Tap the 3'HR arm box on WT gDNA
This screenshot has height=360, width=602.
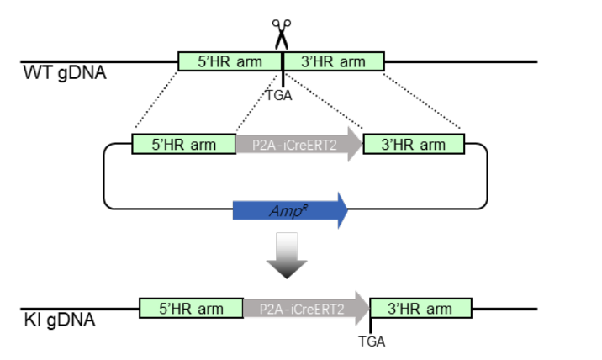pyautogui.click(x=334, y=61)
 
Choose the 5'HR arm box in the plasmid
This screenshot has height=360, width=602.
pyautogui.click(x=184, y=145)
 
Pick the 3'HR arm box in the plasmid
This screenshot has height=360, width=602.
pyautogui.click(x=414, y=145)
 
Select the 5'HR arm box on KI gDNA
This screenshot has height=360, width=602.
pyautogui.click(x=191, y=309)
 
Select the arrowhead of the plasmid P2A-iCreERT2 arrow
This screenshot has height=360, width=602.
pyautogui.click(x=353, y=145)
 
